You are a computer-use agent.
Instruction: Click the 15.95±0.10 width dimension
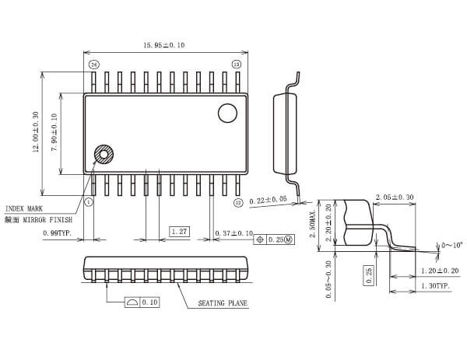point(163,45)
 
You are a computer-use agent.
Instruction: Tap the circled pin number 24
point(93,64)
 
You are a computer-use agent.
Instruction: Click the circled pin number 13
point(237,64)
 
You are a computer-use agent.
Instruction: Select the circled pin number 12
point(238,202)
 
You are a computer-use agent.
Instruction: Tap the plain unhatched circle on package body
point(227,114)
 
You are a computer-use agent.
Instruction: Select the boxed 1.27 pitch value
point(179,232)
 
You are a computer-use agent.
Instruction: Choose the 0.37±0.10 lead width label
point(233,232)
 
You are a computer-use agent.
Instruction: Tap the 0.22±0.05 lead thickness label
point(268,200)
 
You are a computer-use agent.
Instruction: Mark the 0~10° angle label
point(452,245)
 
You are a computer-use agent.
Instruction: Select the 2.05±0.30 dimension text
point(395,197)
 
